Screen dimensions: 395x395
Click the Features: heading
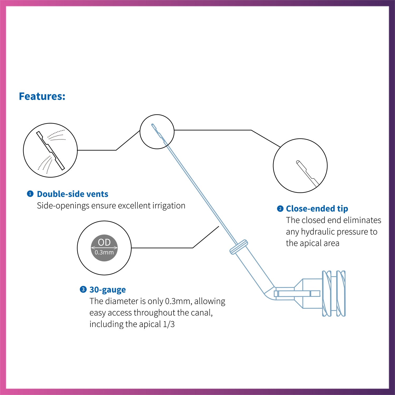pyautogui.click(x=42, y=96)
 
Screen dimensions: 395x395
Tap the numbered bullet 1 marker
pyautogui.click(x=30, y=194)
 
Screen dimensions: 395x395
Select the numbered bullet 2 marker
pyautogui.click(x=280, y=209)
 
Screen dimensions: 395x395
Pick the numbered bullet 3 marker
pyautogui.click(x=83, y=289)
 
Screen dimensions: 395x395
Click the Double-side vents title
pyautogui.click(x=72, y=194)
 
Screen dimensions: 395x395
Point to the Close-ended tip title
pyautogui.click(x=317, y=209)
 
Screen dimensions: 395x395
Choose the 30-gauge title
pyautogui.click(x=107, y=290)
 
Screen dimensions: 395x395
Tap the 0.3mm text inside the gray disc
pyautogui.click(x=104, y=252)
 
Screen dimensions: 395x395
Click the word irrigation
pyautogui.click(x=169, y=206)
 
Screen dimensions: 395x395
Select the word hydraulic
pyautogui.click(x=318, y=232)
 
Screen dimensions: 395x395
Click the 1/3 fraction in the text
pyautogui.click(x=169, y=324)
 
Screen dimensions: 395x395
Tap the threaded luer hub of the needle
pyautogui.click(x=334, y=293)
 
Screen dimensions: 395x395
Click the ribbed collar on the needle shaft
pyautogui.click(x=239, y=247)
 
